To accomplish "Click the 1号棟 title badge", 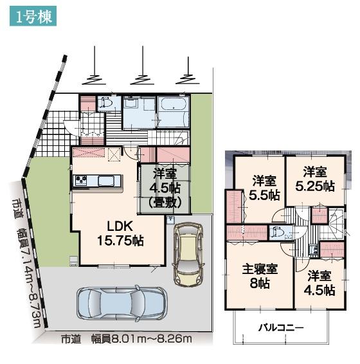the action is click(x=33, y=16).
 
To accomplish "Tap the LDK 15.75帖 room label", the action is click(x=120, y=233).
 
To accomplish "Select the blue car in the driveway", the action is click(x=122, y=304).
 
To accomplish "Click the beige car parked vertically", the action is click(x=188, y=255).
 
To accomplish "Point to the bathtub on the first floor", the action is click(x=174, y=104).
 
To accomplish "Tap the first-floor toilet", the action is click(x=105, y=103).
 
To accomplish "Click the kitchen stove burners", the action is click(x=80, y=180).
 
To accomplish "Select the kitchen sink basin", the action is click(x=106, y=180).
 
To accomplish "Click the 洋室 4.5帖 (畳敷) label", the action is click(x=165, y=188).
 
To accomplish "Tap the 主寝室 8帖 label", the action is click(x=260, y=276).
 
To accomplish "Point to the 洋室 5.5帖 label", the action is click(x=264, y=188).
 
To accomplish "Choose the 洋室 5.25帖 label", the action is click(x=315, y=179).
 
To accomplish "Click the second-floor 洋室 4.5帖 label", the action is click(x=319, y=282).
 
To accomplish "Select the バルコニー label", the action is click(x=281, y=328).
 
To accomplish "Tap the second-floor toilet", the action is click(x=278, y=233).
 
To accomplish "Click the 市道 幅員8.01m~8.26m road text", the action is click(x=127, y=339).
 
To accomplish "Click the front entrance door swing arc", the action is click(x=69, y=127).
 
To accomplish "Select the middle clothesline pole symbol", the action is click(x=143, y=66).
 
